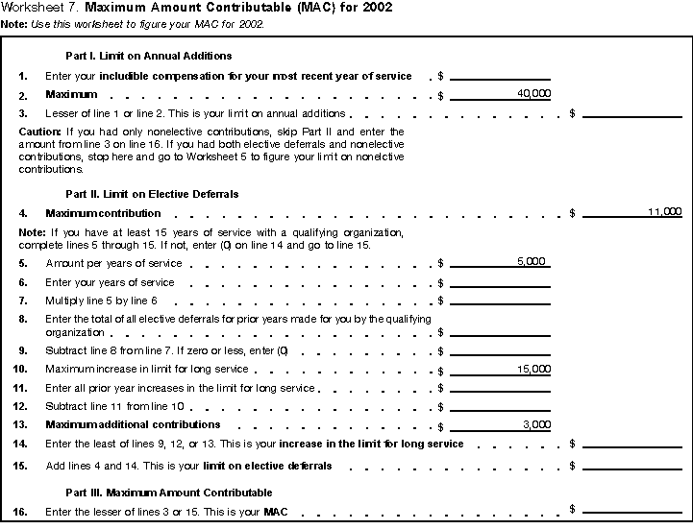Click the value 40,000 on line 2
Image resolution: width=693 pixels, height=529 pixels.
click(533, 93)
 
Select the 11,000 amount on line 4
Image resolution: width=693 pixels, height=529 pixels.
click(664, 211)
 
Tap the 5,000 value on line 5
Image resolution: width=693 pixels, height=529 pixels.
click(531, 261)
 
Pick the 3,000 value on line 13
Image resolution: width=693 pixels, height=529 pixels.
click(536, 423)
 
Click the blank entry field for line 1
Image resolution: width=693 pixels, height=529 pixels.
click(500, 74)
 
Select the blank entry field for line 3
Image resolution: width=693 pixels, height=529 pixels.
click(631, 112)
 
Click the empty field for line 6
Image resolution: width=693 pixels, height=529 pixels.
click(500, 282)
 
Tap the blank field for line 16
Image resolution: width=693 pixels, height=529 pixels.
click(631, 508)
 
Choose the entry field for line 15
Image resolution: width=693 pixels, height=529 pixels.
click(631, 466)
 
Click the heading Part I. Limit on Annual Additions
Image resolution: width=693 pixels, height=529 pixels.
click(148, 56)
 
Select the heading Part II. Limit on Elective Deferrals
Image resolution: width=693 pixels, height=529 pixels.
click(152, 194)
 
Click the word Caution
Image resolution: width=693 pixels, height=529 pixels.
click(37, 132)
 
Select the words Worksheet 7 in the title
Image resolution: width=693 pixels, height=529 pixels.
click(37, 8)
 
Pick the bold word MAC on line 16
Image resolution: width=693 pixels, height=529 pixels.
click(275, 512)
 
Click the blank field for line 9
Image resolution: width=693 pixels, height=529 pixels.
click(500, 350)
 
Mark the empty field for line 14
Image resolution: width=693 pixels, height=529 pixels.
click(631, 445)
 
